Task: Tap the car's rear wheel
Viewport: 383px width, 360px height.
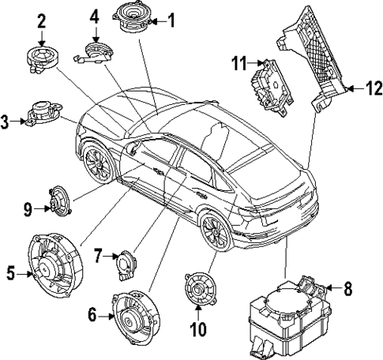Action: (x=214, y=230)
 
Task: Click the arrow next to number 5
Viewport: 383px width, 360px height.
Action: (x=23, y=274)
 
